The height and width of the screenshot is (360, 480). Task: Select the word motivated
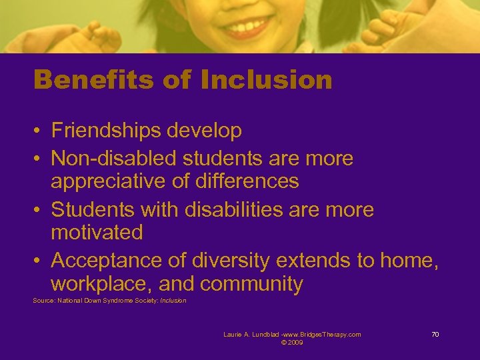click(97, 233)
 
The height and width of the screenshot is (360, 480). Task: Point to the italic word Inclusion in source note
click(173, 301)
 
